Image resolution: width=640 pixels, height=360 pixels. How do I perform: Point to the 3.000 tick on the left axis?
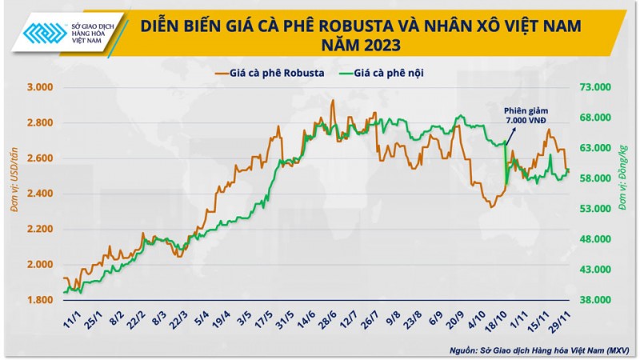40,87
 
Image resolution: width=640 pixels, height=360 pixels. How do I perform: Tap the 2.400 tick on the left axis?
40,194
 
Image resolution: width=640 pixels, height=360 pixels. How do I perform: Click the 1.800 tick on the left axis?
40,300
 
